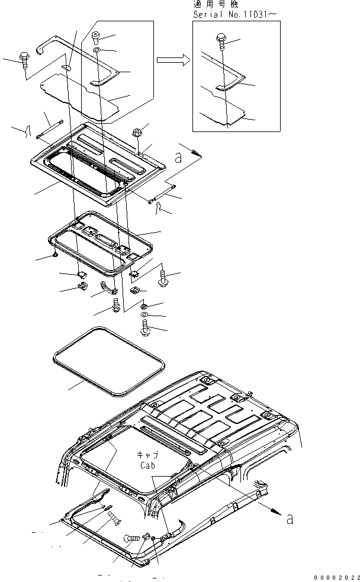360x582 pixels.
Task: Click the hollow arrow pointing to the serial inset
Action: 172,59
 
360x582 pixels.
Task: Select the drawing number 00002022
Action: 337,576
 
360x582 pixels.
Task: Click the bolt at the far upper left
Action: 25,59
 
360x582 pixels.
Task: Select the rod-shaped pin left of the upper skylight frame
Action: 50,130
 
